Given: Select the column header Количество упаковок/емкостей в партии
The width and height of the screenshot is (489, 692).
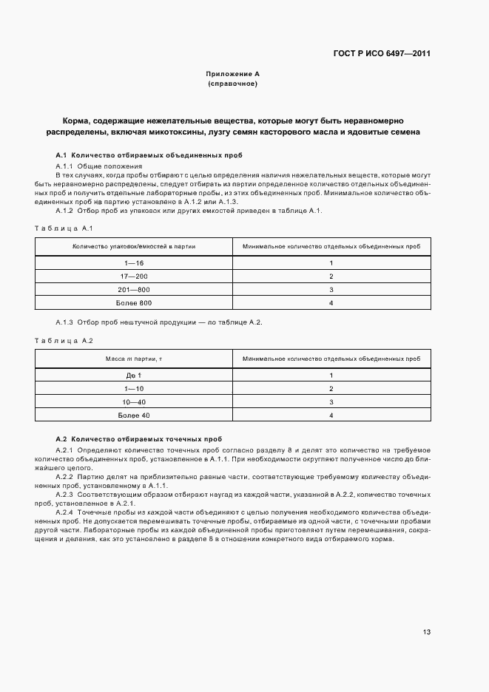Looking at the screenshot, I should pyautogui.click(x=134, y=246).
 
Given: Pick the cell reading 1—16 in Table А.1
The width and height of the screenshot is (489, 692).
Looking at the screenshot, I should pyautogui.click(x=134, y=263).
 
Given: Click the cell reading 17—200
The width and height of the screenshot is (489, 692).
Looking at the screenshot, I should pyautogui.click(x=134, y=277).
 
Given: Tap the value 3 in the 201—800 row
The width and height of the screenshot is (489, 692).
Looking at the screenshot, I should pyautogui.click(x=331, y=290).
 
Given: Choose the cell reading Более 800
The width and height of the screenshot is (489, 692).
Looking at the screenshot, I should pyautogui.click(x=134, y=303).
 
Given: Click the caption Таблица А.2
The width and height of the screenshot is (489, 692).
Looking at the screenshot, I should pyautogui.click(x=62, y=340).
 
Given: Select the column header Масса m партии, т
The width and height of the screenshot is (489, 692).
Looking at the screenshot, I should pyautogui.click(x=134, y=359).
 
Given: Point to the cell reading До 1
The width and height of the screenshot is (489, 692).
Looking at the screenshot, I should pyautogui.click(x=134, y=376).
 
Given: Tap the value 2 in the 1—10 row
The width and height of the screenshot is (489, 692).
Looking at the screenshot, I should pyautogui.click(x=331, y=389).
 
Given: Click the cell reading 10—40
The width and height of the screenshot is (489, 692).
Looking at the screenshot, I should pyautogui.click(x=134, y=402).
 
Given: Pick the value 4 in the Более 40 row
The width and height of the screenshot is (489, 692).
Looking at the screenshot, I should pyautogui.click(x=331, y=415).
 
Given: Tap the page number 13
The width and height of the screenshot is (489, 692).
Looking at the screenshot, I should pyautogui.click(x=427, y=632).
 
